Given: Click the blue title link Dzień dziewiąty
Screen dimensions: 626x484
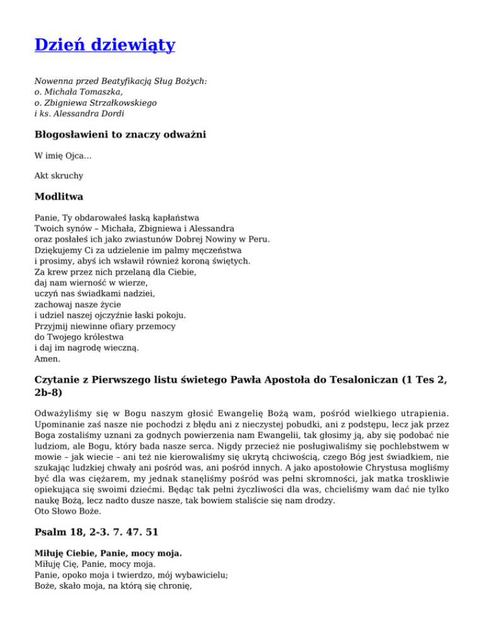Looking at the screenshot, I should pos(105,45).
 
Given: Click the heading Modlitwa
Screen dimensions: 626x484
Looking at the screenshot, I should pos(59,196).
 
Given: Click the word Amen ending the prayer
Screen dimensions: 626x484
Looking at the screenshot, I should pos(47,359).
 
